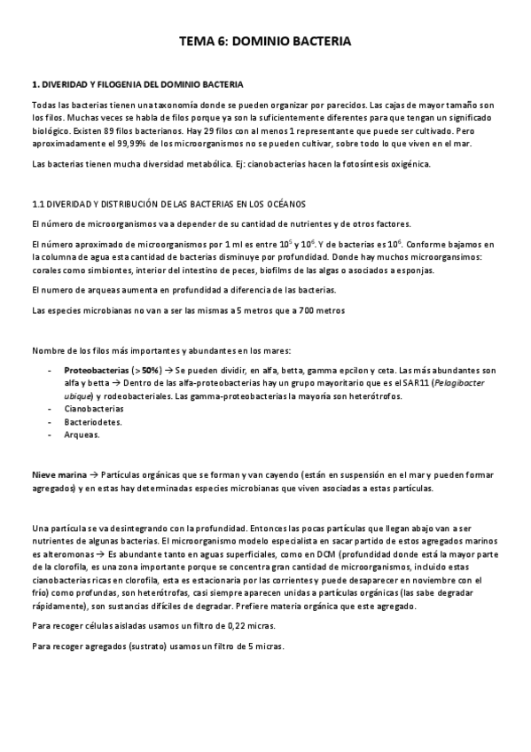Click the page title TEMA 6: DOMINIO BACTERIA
tap(265, 41)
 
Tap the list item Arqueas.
tap(82, 435)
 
